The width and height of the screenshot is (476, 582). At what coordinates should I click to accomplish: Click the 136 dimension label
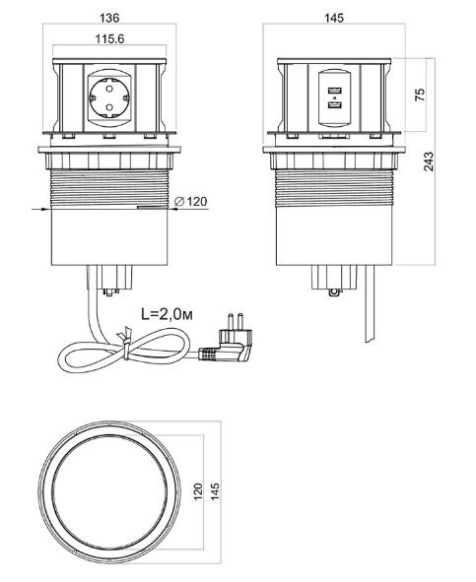pos(109,18)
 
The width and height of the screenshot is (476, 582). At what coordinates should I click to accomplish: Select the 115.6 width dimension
pos(109,39)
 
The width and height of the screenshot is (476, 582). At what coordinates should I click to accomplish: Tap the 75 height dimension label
pos(420,95)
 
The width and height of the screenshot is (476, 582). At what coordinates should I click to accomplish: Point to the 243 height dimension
pos(429,162)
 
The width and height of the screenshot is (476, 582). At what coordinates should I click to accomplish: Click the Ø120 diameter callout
pos(190,202)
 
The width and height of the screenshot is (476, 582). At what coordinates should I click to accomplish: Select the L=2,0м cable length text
pos(168,314)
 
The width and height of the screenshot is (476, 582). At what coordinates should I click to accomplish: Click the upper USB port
pos(335,91)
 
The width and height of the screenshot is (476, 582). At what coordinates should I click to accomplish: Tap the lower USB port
pos(335,105)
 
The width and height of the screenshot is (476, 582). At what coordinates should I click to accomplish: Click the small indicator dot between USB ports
pos(335,98)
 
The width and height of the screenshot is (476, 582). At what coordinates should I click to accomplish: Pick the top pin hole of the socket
pos(109,89)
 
